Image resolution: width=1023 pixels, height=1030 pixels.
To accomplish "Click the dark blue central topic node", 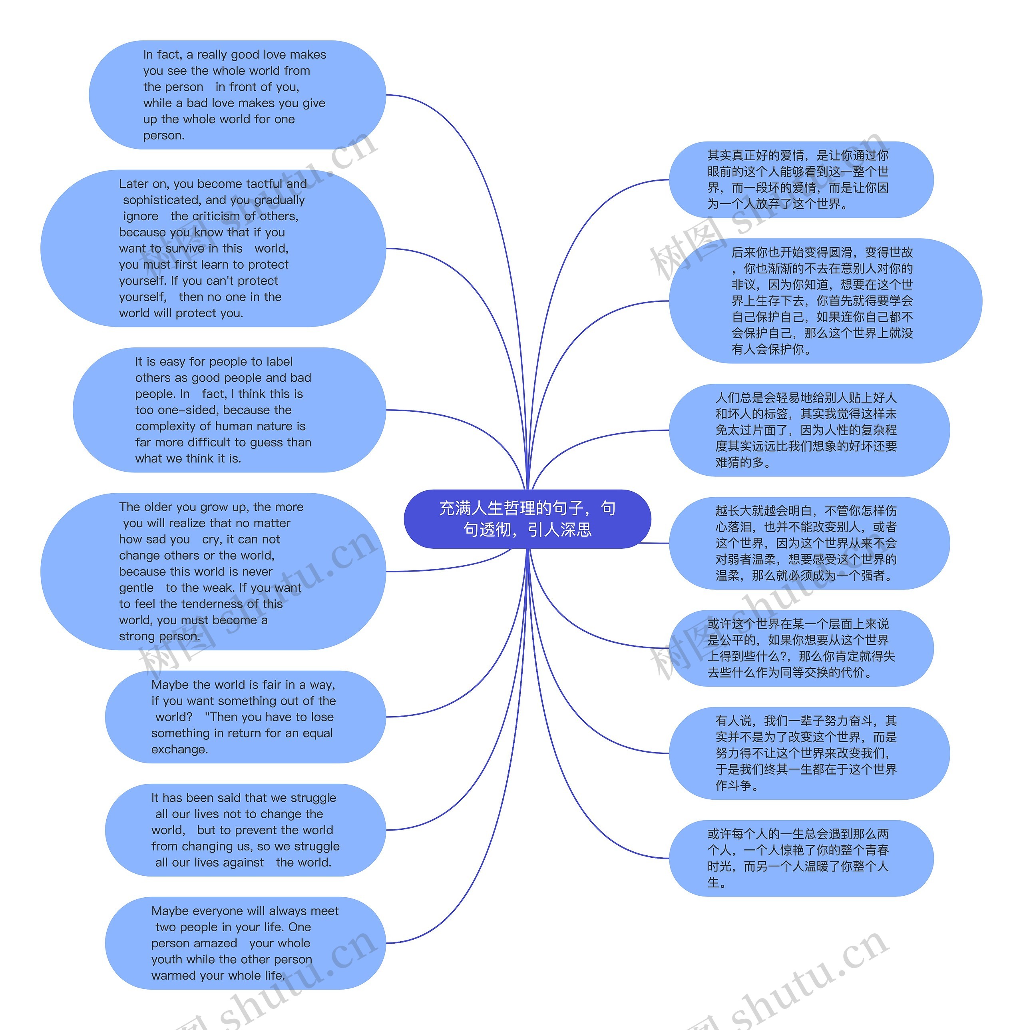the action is (x=527, y=519).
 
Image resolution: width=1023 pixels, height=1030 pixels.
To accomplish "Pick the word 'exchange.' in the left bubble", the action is (x=179, y=749).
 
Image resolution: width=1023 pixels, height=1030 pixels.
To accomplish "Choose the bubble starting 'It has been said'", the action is (x=245, y=830).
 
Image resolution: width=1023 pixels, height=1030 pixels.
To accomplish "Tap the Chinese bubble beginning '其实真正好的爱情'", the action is (x=801, y=180).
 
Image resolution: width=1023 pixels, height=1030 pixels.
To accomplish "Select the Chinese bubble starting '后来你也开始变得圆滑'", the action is (x=825, y=301).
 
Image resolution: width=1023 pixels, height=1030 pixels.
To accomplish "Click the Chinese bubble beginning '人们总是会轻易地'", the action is (x=809, y=430).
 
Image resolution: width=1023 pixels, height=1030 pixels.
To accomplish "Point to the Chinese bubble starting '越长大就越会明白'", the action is (x=809, y=543).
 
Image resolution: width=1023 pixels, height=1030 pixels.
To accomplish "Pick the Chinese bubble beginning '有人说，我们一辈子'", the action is (x=809, y=753).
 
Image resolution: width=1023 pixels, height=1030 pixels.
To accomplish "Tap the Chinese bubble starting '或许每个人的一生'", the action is (x=801, y=859).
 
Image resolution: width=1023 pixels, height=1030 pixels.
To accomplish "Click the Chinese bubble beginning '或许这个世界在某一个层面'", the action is (x=801, y=648).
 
